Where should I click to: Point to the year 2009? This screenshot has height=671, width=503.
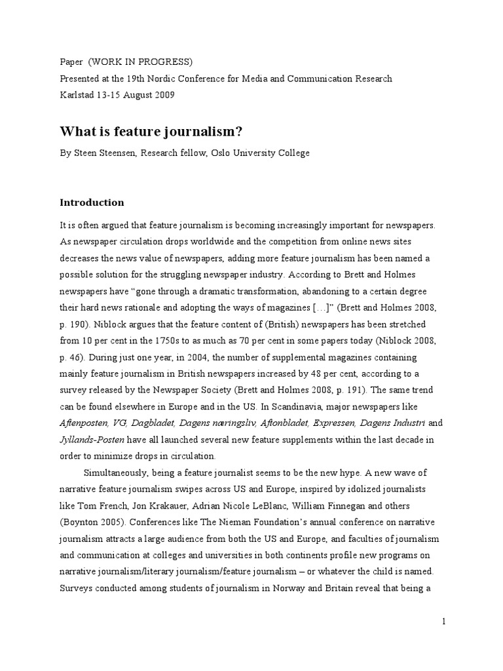click(x=164, y=94)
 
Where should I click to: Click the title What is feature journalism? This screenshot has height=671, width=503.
click(x=151, y=132)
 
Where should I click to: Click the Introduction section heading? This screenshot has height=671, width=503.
click(x=92, y=202)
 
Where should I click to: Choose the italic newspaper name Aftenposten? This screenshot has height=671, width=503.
click(x=86, y=423)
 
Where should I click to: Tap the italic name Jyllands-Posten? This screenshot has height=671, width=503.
click(x=90, y=439)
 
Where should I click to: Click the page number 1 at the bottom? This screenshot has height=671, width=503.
click(x=443, y=622)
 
